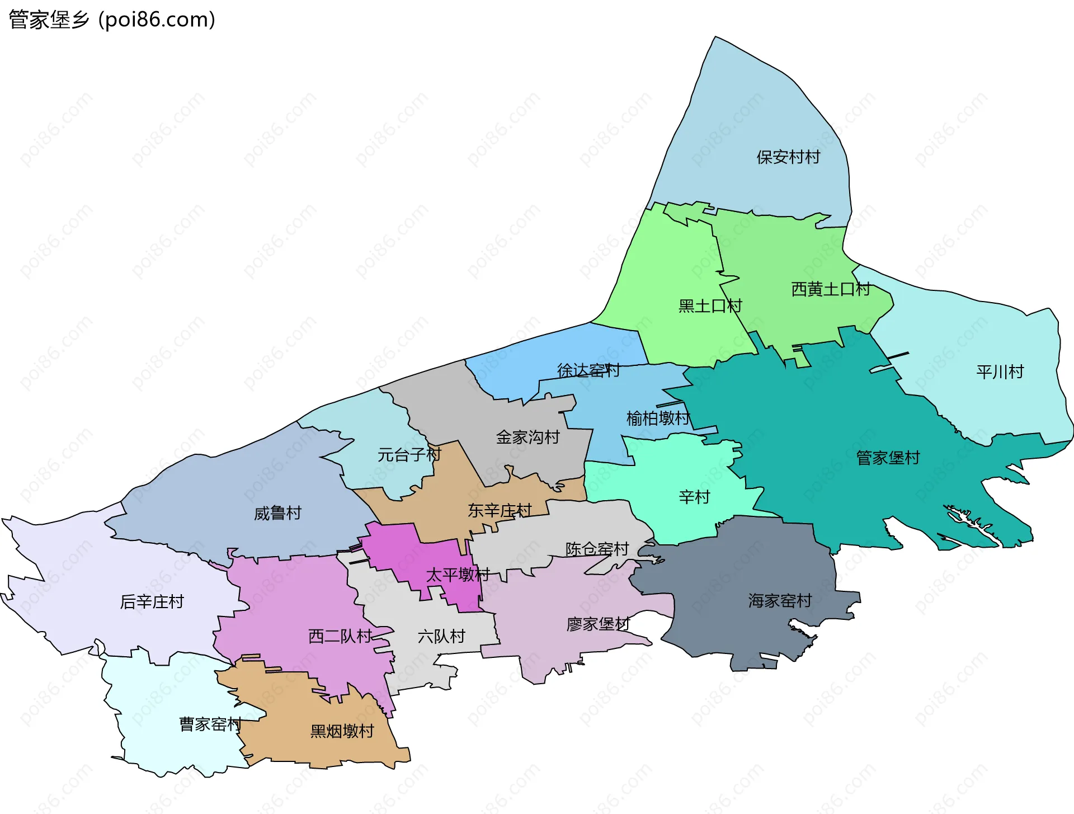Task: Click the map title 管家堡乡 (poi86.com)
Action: [112, 20]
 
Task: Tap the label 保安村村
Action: [788, 157]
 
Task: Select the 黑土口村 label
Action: [710, 306]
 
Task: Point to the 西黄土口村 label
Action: [831, 289]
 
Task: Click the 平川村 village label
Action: [1000, 372]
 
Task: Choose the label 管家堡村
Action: [888, 458]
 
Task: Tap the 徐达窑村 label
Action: [588, 370]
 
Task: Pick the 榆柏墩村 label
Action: [658, 418]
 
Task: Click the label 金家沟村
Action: [527, 437]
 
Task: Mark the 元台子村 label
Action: [409, 455]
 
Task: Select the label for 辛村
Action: [694, 497]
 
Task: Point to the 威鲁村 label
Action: [277, 513]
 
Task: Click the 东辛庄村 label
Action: [500, 511]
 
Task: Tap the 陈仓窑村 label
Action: [597, 549]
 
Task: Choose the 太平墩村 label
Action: [458, 575]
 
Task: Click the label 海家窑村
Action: [780, 601]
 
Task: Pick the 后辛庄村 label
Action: [152, 602]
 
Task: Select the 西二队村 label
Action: [340, 637]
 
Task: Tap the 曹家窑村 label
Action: [210, 724]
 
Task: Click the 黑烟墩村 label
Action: [342, 731]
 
